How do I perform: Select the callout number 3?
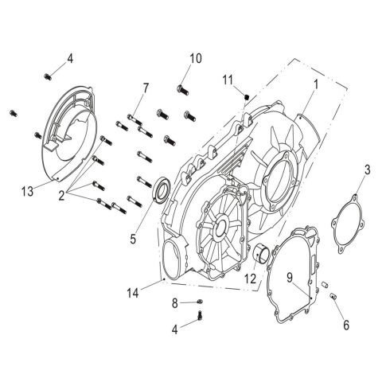coord(367,169)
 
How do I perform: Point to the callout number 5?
coord(132,237)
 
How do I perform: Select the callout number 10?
coord(196,58)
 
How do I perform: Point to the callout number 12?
coord(249,279)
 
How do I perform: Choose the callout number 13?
coord(27,191)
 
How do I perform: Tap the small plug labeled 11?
coord(247,97)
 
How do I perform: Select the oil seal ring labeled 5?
coord(159,190)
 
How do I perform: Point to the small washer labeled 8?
coord(200,302)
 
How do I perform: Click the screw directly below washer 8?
coord(201,318)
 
